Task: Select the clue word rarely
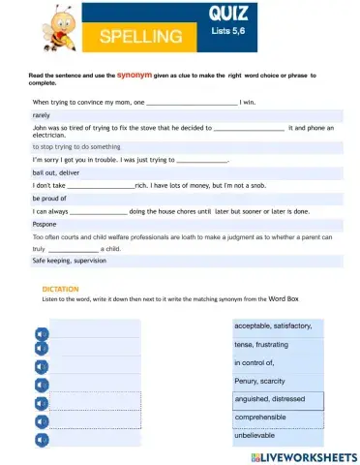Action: coord(42,113)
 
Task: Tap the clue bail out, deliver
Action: coord(55,171)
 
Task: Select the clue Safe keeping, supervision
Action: coord(70,260)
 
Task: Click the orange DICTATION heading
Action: coord(60,289)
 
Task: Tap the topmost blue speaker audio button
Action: coord(41,332)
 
